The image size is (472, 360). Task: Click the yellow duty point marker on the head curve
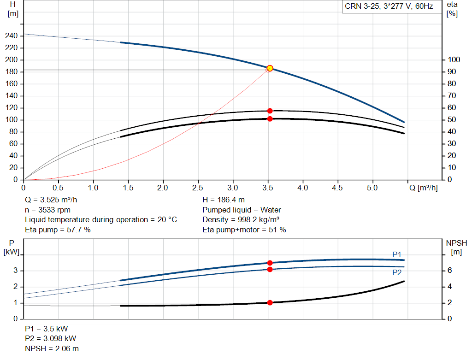coord(270,68)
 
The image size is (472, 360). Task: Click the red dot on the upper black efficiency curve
coord(270,111)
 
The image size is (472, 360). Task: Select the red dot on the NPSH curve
coord(270,303)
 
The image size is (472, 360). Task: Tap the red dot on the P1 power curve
coord(270,263)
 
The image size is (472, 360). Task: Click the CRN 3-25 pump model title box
coord(389,6)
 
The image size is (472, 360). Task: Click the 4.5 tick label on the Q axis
coord(337,188)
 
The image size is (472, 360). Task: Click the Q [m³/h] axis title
coord(423,188)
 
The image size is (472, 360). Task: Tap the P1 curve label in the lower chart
coord(397,254)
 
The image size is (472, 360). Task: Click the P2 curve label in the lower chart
coord(397,272)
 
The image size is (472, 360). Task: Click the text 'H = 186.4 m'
coord(224,200)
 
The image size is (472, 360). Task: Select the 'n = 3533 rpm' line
coord(47,210)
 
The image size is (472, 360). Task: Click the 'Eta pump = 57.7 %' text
coord(58,230)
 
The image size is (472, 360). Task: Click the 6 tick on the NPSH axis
coord(449,271)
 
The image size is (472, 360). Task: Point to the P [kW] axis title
coord(12,247)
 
